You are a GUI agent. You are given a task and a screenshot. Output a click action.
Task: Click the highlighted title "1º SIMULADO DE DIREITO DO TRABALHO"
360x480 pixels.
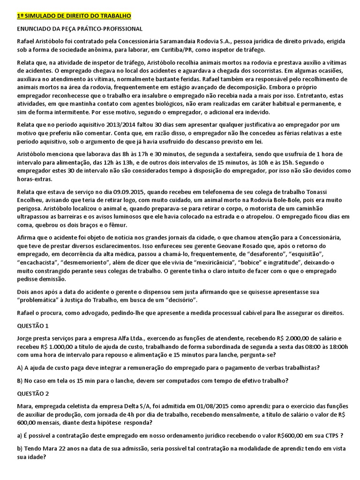[74, 16]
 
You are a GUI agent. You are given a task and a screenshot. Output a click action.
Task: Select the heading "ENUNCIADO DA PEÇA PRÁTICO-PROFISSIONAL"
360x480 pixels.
[79, 29]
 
